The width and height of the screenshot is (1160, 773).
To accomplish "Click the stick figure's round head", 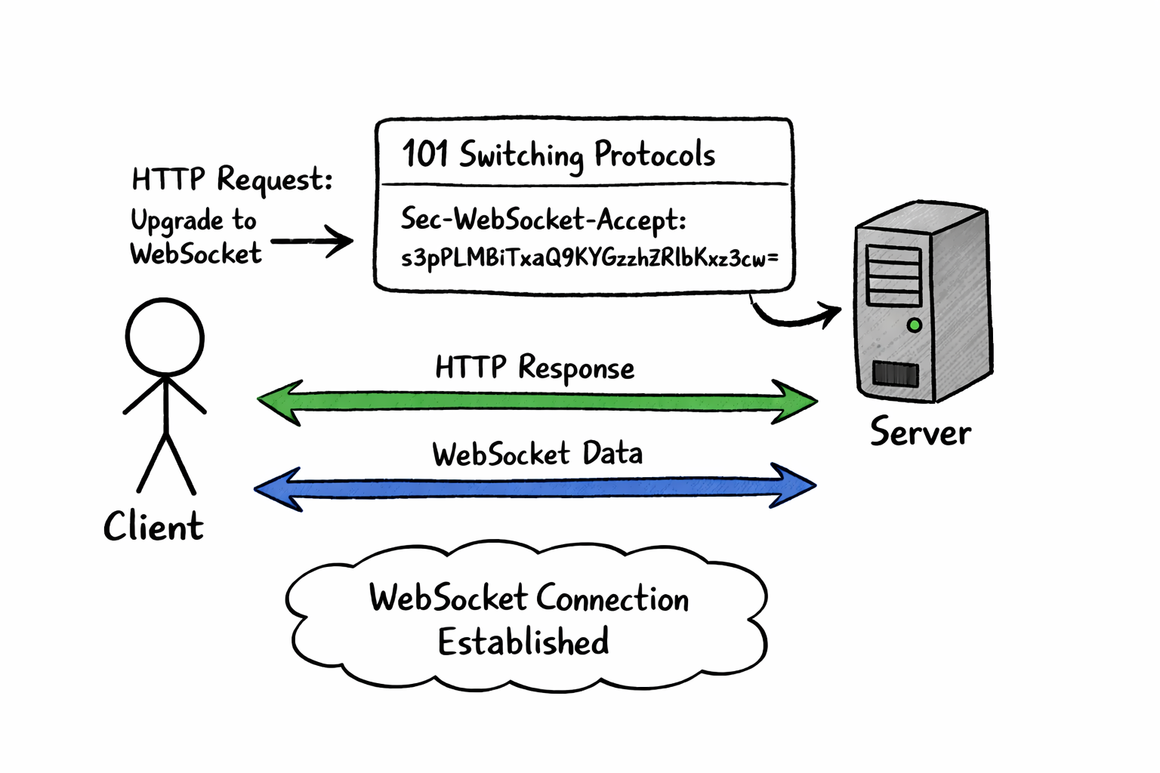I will tap(165, 337).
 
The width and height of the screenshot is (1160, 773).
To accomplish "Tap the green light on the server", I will tap(914, 325).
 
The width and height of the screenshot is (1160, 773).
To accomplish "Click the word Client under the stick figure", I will tap(153, 526).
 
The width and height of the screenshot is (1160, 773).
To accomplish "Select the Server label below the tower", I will tap(920, 433).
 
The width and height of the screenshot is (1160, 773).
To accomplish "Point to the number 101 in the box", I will tap(424, 154).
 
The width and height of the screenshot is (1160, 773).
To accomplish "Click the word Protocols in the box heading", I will tap(654, 155).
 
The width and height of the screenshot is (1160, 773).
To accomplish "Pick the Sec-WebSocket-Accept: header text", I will tap(543, 219).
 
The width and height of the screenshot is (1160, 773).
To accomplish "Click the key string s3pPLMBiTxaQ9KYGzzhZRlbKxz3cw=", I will tap(589, 258).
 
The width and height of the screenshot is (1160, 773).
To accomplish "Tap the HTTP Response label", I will tap(535, 368).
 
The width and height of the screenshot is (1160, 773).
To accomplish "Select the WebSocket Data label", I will tap(537, 454).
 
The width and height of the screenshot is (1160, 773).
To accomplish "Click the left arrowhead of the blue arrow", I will tap(276, 489).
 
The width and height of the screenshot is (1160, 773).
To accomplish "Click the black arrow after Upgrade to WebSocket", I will tap(313, 242).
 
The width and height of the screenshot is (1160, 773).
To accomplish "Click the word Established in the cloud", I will tap(523, 642).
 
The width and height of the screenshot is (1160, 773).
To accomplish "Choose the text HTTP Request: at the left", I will tap(232, 180).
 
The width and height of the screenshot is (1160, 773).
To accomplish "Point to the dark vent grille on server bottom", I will tap(895, 374).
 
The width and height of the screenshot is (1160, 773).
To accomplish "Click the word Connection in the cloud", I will tap(613, 599).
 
